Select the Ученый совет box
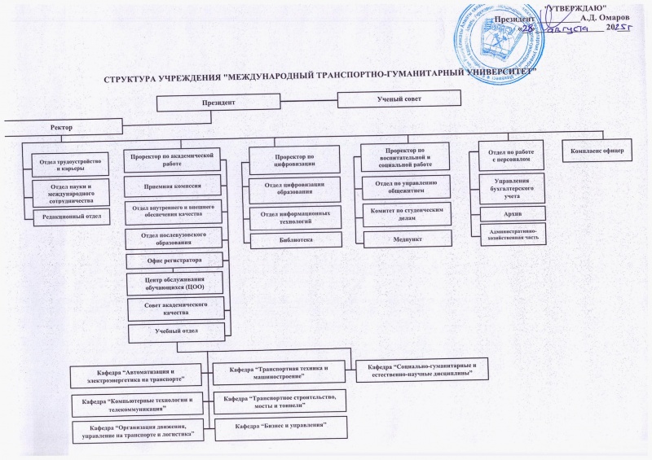[398, 99]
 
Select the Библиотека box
[294, 240]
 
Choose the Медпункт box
[404, 239]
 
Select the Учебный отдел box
[176, 331]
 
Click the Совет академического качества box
[176, 307]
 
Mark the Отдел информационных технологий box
[293, 217]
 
